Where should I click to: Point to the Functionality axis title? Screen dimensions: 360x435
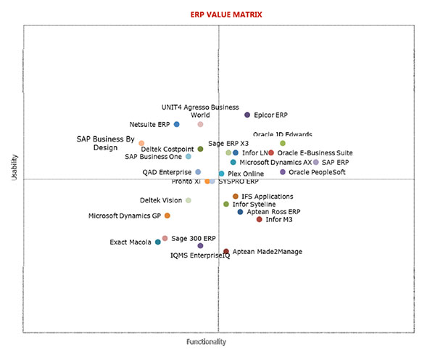coord(207,341)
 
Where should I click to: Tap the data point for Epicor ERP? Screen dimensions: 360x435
coord(247,115)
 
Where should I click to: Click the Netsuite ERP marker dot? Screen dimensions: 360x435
coord(177,124)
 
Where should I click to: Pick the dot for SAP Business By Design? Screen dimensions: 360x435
coord(141,144)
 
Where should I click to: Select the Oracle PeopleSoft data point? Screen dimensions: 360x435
coord(283,172)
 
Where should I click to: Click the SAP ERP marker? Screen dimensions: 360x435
coord(316,163)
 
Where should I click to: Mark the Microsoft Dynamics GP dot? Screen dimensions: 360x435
coord(167,216)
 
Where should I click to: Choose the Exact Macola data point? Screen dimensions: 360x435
coord(158,242)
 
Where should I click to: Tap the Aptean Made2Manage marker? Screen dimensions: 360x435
coord(226,252)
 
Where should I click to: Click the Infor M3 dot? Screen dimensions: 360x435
coord(260,219)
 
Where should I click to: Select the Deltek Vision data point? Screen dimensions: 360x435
coord(188,200)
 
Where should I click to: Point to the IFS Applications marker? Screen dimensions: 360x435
coord(236,197)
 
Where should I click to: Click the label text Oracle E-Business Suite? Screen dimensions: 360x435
coord(315,153)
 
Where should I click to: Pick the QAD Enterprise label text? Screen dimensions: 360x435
coord(167,172)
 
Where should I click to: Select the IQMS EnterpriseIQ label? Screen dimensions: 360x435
coord(200,255)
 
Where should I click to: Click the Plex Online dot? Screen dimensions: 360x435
coord(222,174)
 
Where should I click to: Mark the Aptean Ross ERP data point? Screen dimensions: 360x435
coord(240,212)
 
